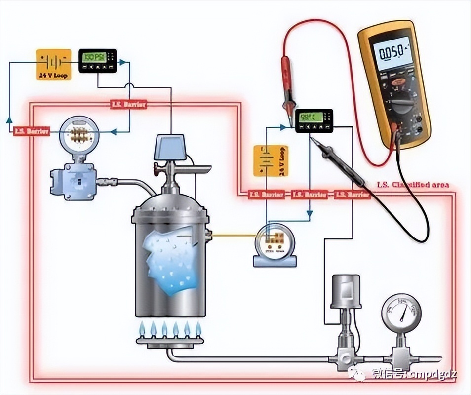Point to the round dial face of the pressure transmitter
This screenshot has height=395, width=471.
click(79, 134)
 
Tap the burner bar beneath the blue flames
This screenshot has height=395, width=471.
click(170, 339)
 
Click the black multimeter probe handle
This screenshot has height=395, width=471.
click(346, 165)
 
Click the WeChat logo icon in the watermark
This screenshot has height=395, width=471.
click(357, 374)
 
